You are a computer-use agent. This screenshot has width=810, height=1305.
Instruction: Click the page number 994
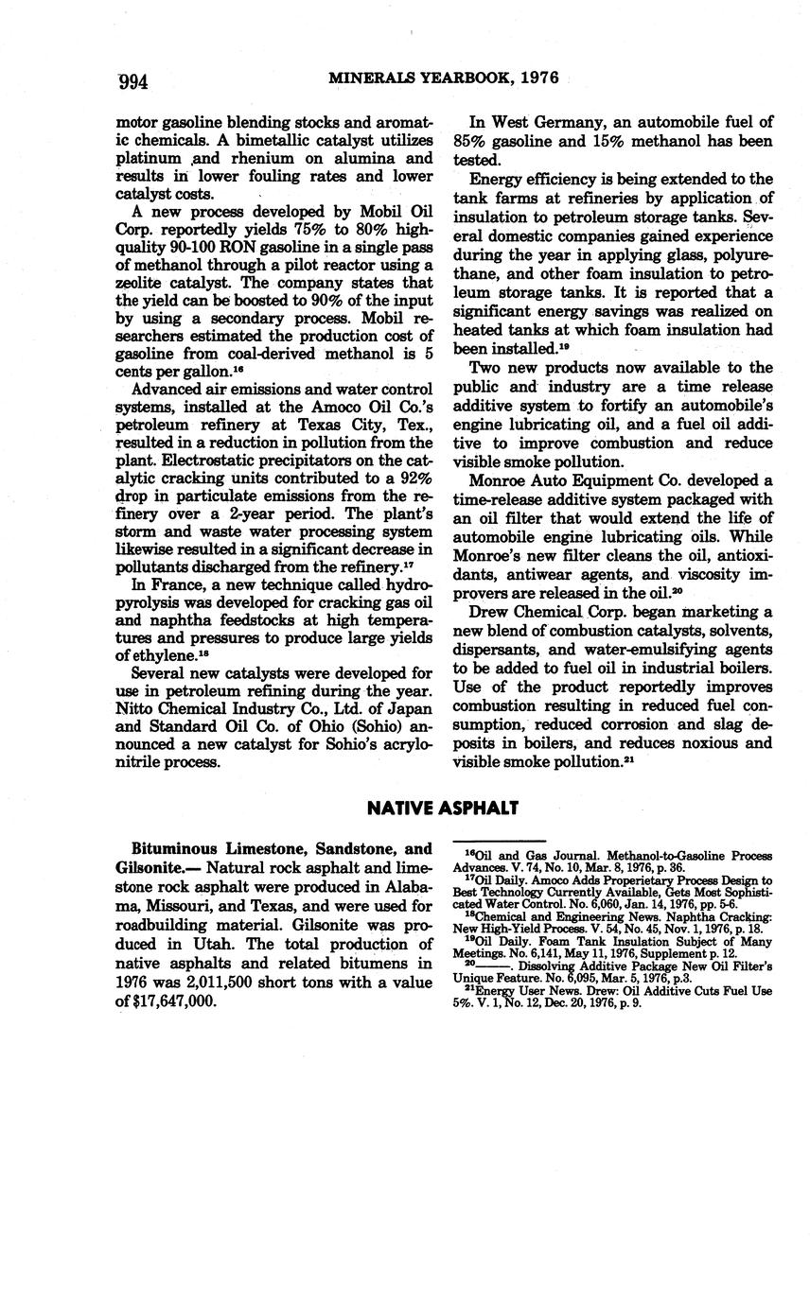click(132, 82)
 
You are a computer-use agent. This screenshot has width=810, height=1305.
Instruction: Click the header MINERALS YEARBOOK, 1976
click(444, 78)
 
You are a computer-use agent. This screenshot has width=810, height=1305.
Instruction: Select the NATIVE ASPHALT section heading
click(443, 809)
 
